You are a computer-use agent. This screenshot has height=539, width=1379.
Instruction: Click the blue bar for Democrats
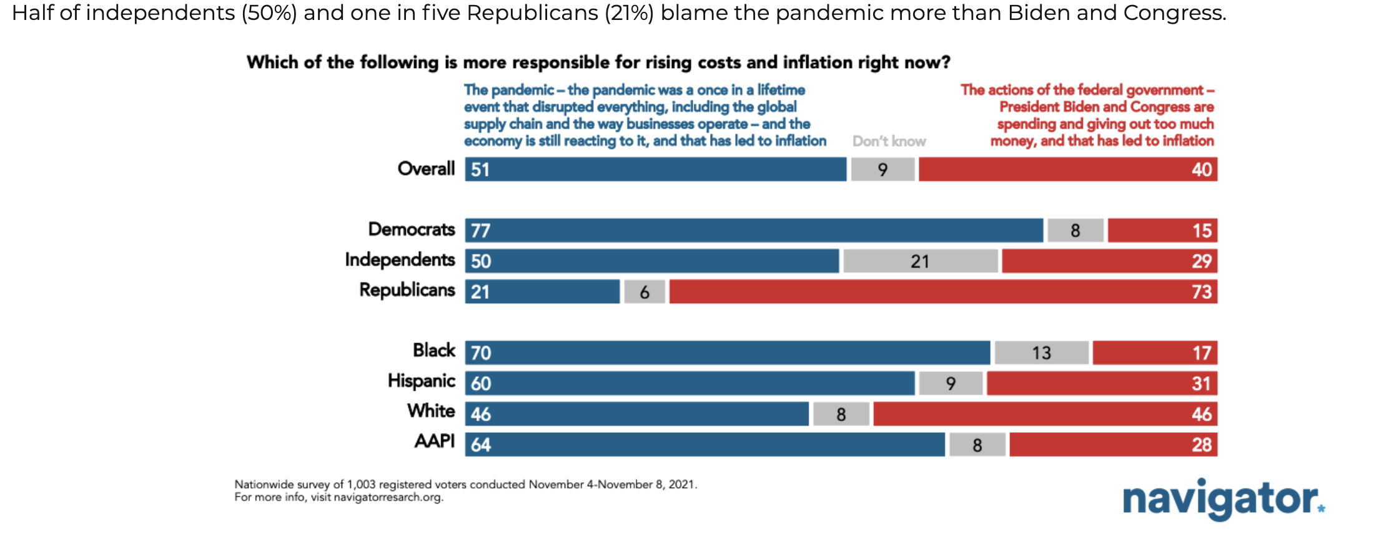tap(754, 230)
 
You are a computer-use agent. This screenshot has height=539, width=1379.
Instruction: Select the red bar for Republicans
tap(943, 291)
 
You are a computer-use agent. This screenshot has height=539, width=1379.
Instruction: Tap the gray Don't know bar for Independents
tap(920, 261)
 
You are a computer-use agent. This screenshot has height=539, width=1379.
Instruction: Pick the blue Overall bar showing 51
tap(656, 169)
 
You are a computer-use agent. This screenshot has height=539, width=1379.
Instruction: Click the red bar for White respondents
tap(1045, 414)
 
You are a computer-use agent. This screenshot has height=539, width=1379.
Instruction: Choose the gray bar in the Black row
tap(1041, 352)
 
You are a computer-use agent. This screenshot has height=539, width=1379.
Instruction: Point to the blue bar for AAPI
tap(704, 444)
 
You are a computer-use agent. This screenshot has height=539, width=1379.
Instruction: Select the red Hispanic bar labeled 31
tap(1102, 383)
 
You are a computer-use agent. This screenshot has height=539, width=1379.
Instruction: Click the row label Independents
tap(400, 260)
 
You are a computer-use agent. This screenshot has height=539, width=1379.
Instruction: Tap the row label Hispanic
tap(421, 381)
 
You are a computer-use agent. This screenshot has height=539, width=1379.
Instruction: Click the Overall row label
tap(426, 168)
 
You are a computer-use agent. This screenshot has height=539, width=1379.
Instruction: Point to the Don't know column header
tap(889, 142)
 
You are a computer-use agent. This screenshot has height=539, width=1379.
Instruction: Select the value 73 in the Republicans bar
tap(1201, 292)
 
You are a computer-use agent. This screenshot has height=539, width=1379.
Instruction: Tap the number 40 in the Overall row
tap(1201, 170)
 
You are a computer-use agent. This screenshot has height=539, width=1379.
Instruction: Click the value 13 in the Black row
tap(1041, 353)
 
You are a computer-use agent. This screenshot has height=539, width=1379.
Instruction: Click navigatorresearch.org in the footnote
tap(388, 498)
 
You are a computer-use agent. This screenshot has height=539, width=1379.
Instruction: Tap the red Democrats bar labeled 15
tap(1162, 230)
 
